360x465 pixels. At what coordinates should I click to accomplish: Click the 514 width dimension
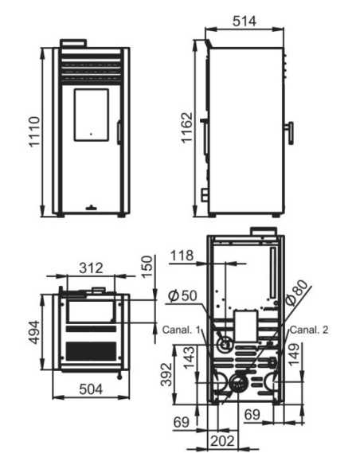click(244, 21)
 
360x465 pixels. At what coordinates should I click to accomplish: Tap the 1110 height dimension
click(34, 131)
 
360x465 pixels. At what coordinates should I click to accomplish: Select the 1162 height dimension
click(187, 128)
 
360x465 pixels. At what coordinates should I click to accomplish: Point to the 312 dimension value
click(91, 268)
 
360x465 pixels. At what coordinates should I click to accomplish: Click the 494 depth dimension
click(33, 332)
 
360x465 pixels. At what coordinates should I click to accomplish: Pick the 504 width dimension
click(91, 389)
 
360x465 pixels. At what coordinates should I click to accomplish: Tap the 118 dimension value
click(182, 256)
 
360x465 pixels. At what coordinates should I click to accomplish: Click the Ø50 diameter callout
click(182, 295)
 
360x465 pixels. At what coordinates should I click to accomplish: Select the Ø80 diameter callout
click(296, 293)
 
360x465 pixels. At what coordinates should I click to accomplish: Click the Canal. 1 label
click(182, 330)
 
